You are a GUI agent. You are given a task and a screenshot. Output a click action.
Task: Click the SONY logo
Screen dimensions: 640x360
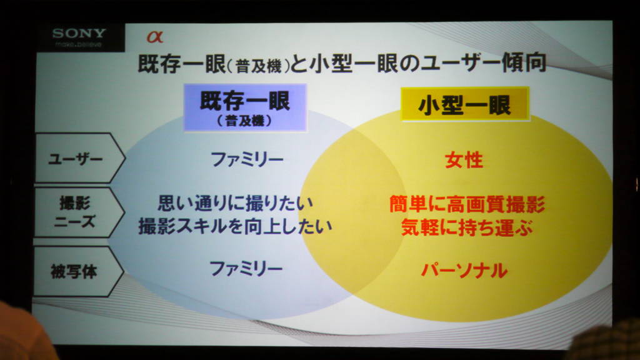(x=79, y=32)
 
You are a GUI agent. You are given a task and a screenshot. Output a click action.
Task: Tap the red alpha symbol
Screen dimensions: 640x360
(x=155, y=37)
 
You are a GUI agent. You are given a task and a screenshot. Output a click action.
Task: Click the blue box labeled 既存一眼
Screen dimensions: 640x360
(x=245, y=107)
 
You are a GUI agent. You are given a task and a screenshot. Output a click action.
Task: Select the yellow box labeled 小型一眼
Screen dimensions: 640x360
(x=465, y=104)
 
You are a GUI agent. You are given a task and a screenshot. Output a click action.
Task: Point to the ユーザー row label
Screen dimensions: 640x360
(x=76, y=158)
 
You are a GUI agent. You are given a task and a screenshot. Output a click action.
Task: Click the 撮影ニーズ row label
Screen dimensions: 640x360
(x=75, y=212)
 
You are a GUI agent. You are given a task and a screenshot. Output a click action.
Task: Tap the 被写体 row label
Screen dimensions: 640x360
(x=74, y=271)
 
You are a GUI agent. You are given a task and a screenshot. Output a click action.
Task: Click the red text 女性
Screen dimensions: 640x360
(x=464, y=160)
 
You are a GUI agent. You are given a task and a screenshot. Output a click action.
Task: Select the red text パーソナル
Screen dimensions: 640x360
(x=464, y=270)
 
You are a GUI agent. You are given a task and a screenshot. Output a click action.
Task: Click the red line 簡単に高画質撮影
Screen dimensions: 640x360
(x=467, y=204)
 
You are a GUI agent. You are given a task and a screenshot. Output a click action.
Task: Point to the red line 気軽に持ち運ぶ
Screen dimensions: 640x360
(x=466, y=227)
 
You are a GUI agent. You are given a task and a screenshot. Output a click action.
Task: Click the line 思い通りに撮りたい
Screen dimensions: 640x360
(x=236, y=203)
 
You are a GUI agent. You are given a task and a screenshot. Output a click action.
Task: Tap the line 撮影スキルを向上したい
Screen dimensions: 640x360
(x=235, y=226)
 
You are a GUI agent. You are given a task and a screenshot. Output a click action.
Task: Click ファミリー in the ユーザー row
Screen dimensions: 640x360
(x=247, y=159)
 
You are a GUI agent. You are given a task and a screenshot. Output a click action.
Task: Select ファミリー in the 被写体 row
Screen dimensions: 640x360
(x=246, y=269)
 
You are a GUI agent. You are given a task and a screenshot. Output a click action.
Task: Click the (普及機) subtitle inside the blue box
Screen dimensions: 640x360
(x=244, y=121)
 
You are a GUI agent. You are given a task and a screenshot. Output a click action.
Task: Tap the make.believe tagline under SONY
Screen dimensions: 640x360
(x=78, y=44)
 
